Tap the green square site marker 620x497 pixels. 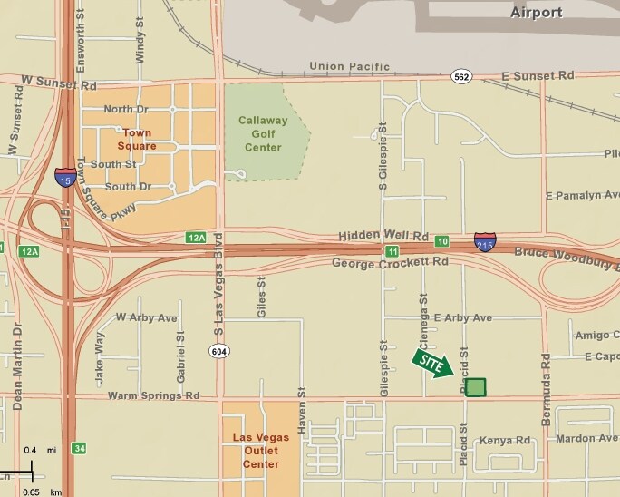[475, 387]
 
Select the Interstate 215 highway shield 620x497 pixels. [484, 242]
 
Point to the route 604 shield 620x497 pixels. [218, 352]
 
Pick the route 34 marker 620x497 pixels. [80, 448]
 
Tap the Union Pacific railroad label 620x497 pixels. [348, 66]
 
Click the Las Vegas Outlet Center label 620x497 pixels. [260, 451]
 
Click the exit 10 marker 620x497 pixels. [441, 241]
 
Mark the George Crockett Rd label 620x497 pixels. [390, 262]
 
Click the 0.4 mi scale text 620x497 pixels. [42, 451]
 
